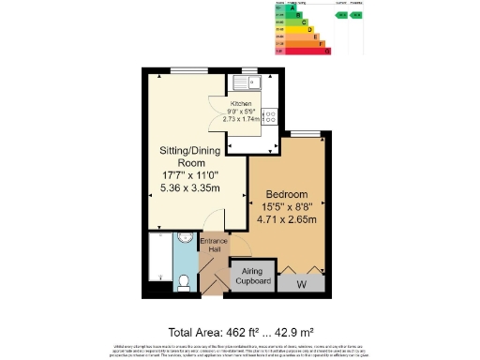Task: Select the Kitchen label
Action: [242, 104]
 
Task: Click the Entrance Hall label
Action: [214, 246]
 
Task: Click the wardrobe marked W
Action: [301, 282]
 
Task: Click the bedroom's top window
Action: [305, 135]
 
